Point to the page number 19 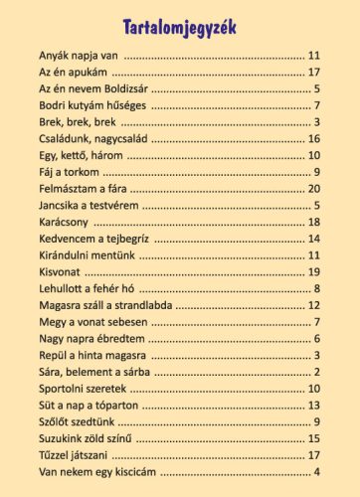pyautogui.click(x=313, y=271)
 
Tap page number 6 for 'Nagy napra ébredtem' pyautogui.click(x=316, y=338)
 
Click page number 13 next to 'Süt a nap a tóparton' pyautogui.click(x=313, y=405)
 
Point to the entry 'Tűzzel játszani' pyautogui.click(x=73, y=454)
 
